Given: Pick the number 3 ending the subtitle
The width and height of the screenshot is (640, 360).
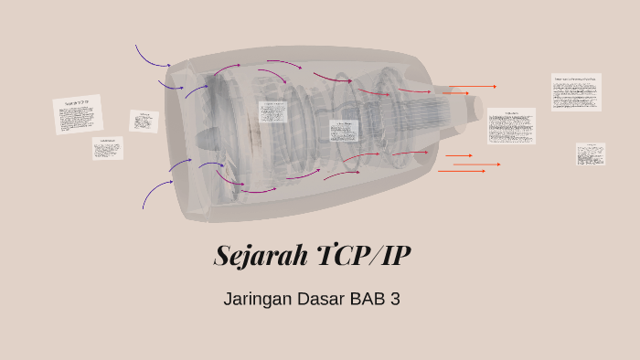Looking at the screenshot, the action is click(396, 299).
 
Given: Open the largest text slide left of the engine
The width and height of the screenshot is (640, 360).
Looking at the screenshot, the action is click(78, 114).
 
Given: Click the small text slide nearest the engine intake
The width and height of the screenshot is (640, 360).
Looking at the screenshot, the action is click(144, 121).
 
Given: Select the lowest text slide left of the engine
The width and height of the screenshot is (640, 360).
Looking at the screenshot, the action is click(107, 148).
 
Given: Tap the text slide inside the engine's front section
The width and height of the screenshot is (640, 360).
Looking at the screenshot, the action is click(273, 111).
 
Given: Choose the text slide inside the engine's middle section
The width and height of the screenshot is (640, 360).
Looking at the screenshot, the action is click(344, 130).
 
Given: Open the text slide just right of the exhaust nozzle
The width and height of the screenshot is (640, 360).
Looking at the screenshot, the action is click(511, 126).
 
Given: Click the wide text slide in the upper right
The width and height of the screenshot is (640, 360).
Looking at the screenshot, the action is click(576, 91).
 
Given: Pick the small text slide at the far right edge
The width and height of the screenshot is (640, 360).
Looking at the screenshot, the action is click(591, 154).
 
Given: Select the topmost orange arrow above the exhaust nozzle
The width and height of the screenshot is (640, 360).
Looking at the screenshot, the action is click(472, 87).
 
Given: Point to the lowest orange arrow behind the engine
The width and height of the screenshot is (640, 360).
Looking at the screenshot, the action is click(461, 171).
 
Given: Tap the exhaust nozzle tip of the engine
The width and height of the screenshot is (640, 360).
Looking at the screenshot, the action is click(477, 107).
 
